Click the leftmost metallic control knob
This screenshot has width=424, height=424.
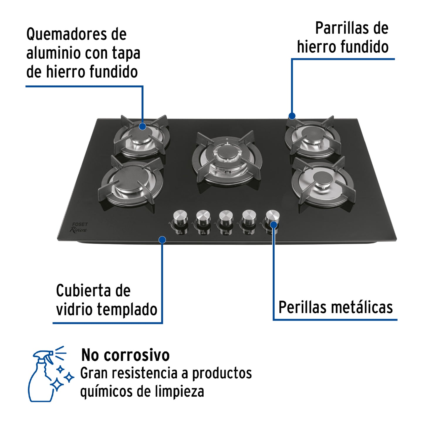click(180, 217)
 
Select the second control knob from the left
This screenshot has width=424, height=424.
click(203, 217)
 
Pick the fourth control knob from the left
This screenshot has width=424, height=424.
click(249, 217)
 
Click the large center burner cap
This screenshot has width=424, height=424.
click(226, 153)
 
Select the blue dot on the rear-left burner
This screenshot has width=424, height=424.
click(142, 126)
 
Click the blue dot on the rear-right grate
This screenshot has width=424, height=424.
click(292, 116)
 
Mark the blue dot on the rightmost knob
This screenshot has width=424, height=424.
click(273, 225)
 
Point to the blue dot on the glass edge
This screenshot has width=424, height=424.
click(162, 240)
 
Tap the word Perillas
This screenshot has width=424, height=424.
click(302, 308)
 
